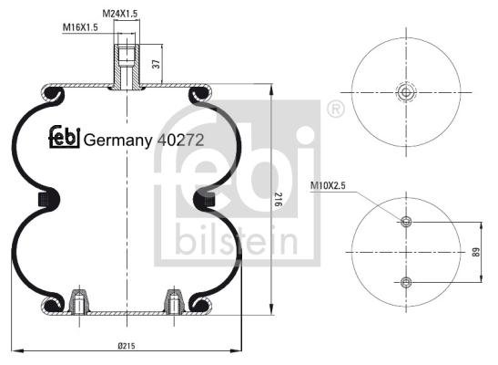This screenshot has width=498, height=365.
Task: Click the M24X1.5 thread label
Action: (x=120, y=14)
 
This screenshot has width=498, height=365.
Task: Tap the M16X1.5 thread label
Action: (x=80, y=27)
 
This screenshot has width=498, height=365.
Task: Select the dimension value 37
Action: (x=157, y=64)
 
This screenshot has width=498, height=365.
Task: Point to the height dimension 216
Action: (x=278, y=199)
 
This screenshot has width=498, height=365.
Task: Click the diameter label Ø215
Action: (x=127, y=346)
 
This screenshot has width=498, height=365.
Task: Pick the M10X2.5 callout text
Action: (x=328, y=185)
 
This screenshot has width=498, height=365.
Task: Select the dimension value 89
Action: (x=475, y=253)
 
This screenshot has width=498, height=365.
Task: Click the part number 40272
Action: (x=180, y=140)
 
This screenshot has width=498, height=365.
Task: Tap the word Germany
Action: (x=117, y=141)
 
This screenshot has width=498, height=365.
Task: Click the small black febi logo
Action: (x=64, y=137)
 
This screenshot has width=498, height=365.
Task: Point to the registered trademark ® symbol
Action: (x=336, y=109)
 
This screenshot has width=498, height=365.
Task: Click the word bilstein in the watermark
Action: (x=237, y=240)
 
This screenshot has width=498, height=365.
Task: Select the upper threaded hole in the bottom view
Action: (x=406, y=221)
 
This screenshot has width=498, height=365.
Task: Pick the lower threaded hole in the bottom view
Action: (x=406, y=282)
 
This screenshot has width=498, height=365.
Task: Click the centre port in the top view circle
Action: (x=406, y=92)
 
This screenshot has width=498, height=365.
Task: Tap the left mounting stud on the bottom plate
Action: (x=79, y=300)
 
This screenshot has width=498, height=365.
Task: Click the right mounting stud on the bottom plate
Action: (x=174, y=300)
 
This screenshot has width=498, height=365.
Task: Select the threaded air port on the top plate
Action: (x=127, y=67)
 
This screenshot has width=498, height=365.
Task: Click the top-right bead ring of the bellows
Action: (x=200, y=93)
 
